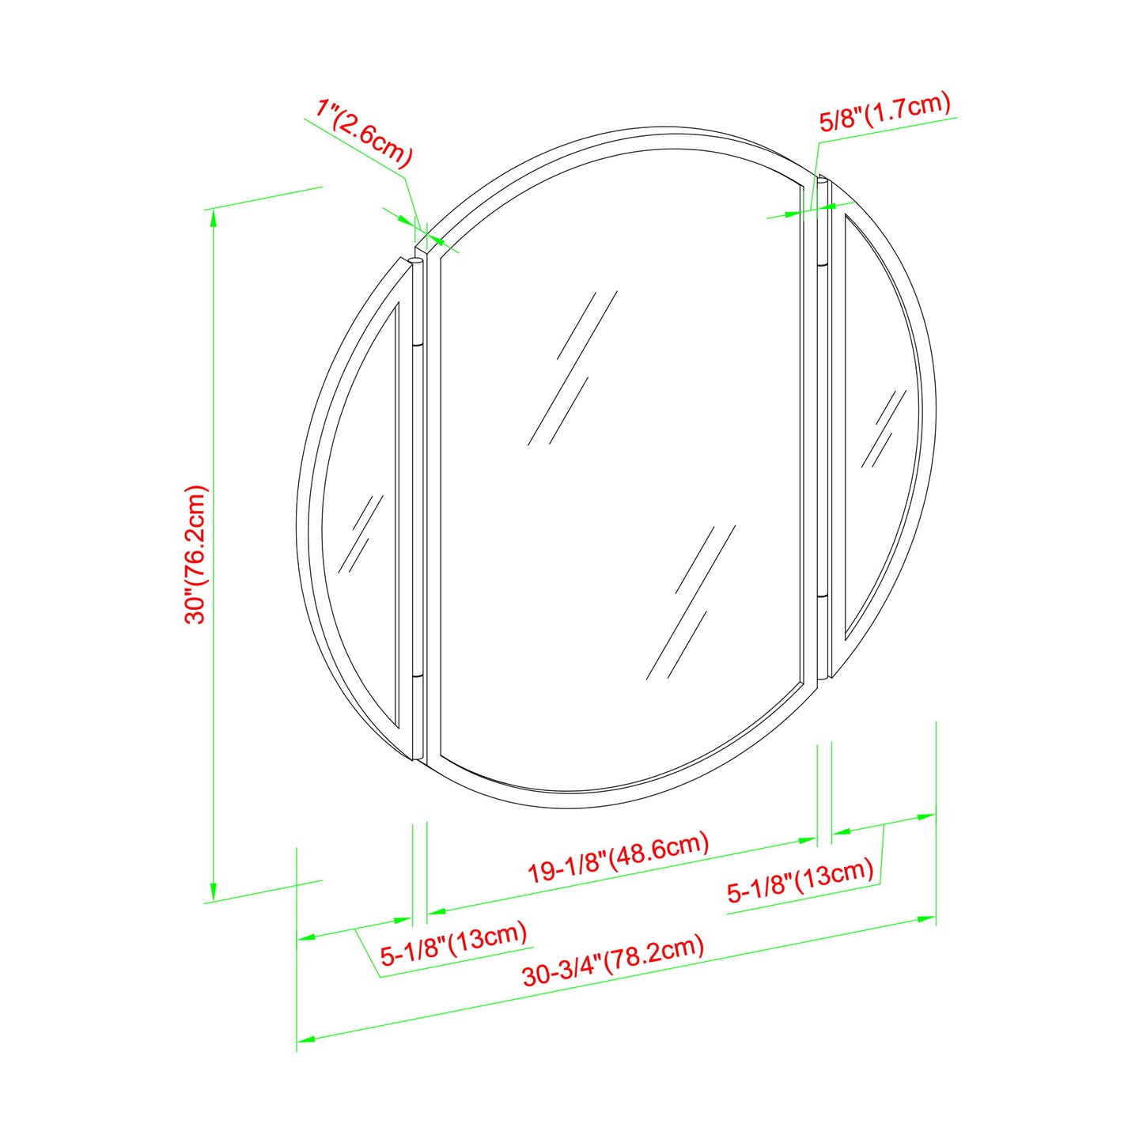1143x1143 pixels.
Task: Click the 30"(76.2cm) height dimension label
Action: pos(195,554)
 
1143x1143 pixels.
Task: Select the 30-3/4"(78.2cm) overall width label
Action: pos(613,960)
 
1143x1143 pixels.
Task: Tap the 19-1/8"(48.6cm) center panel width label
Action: pos(619,857)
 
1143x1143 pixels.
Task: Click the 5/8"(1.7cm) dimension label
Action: pos(884,112)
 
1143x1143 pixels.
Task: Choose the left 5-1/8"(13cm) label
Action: pos(453,944)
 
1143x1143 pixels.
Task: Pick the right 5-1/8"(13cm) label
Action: pos(800,881)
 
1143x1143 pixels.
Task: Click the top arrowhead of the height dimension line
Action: pos(213,218)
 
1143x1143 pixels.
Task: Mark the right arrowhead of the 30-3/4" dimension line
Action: pos(926,919)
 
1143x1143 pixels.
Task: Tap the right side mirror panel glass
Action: pos(878,427)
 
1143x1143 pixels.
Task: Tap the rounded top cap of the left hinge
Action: pos(417,261)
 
